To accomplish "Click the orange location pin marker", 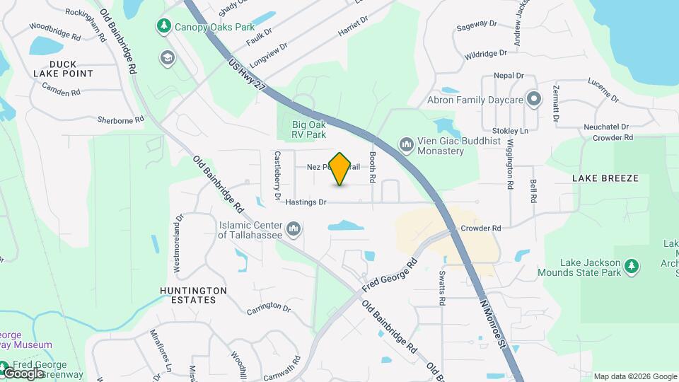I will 340,168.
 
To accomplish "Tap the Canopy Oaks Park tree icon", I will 164,26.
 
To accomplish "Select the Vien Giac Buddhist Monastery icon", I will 406,145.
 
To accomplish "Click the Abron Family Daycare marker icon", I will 534,100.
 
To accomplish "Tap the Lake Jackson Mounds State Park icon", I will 632,267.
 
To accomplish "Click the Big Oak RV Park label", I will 310,129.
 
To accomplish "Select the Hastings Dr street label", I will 306,202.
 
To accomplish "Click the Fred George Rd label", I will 390,275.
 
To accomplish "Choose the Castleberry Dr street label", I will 278,175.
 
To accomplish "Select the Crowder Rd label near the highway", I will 480,228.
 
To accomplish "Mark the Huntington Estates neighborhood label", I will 193,295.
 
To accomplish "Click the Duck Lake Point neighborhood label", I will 63,68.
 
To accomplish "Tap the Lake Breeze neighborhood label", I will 605,178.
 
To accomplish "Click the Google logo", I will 23,373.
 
